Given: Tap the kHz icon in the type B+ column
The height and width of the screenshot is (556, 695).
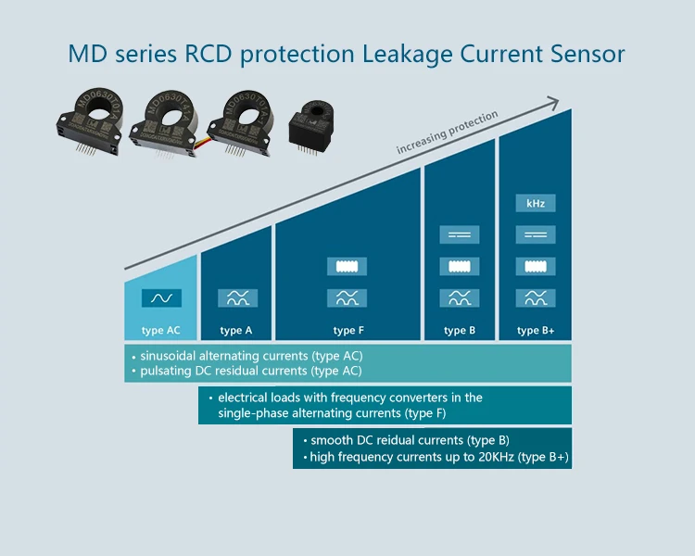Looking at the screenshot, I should (x=535, y=203).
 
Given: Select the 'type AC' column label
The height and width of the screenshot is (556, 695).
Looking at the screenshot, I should (x=160, y=330).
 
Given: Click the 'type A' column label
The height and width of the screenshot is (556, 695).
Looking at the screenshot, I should (x=236, y=330).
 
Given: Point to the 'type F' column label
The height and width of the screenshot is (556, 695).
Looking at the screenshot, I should (x=347, y=330).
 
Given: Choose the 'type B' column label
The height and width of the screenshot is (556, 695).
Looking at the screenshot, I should (x=459, y=330).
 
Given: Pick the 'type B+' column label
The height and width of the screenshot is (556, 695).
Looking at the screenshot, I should (x=535, y=330).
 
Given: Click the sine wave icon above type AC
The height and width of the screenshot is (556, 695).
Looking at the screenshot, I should (x=161, y=298).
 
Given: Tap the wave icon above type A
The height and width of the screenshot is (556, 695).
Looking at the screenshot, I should (x=237, y=298).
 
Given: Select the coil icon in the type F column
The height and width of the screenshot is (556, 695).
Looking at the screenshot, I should (x=347, y=267).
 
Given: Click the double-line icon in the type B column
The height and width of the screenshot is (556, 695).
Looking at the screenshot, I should (x=459, y=235).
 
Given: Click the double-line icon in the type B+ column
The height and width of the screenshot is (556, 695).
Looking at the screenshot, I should (x=535, y=235).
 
